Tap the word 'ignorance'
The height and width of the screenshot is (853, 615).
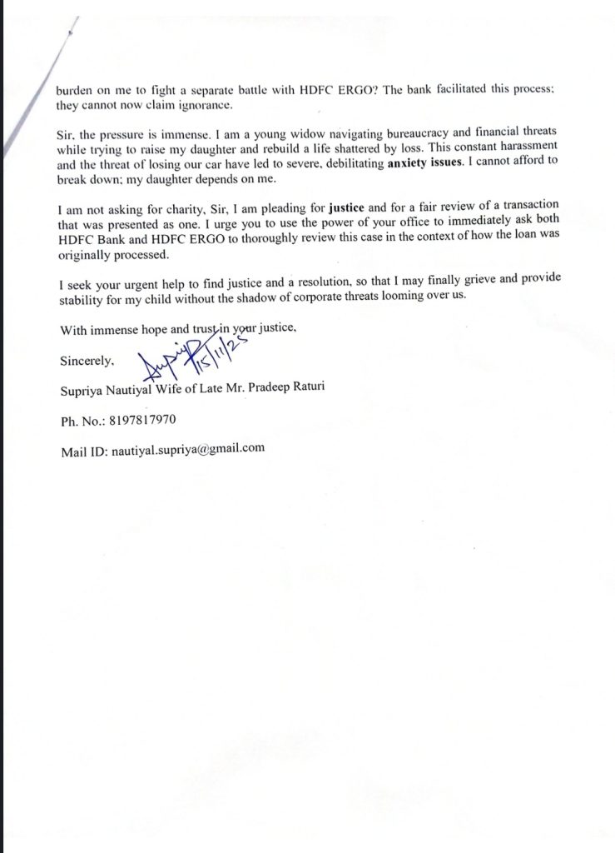[x=192, y=107]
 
